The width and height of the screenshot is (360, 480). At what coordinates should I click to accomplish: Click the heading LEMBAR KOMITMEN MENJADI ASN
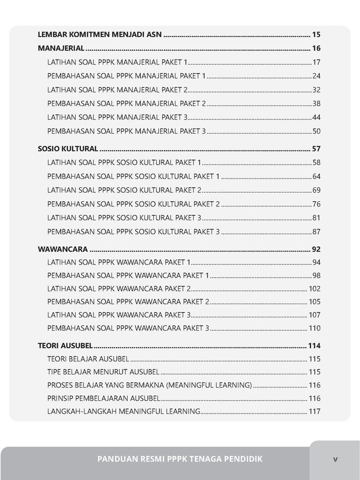pos(100,35)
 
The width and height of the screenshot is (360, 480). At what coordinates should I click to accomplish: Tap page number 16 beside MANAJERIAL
pos(316,49)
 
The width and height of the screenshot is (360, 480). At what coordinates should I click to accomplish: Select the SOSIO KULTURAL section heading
pos(68,149)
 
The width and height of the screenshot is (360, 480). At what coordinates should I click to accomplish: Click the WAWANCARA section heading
pos(63,250)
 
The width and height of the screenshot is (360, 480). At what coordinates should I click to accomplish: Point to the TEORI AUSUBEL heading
pos(65,345)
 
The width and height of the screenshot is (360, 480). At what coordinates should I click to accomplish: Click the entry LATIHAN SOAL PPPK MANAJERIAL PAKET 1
pos(117,62)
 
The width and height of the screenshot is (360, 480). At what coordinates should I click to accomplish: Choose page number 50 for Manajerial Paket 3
pos(316,131)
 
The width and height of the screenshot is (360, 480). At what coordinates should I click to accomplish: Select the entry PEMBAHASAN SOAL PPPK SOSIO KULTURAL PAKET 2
pos(134,204)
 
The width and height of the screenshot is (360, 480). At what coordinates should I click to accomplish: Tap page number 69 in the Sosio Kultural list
pos(316,190)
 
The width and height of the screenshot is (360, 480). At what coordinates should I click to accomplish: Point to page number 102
pos(314,289)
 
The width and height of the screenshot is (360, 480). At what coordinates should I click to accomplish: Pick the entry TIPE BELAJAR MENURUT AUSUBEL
pos(103,372)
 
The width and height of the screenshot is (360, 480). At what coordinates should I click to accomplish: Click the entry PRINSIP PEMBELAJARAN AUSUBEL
pos(103,398)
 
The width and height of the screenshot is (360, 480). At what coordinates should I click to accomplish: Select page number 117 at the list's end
pos(314,411)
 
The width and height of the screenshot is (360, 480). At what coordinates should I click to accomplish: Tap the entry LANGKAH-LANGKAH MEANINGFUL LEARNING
pos(123,411)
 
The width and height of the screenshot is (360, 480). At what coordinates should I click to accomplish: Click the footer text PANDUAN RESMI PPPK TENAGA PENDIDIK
pos(179,459)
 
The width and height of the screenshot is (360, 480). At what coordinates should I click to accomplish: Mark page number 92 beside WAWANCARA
pos(316,250)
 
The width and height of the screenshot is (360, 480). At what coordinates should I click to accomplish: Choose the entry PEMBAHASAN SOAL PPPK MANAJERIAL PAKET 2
pos(127,103)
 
